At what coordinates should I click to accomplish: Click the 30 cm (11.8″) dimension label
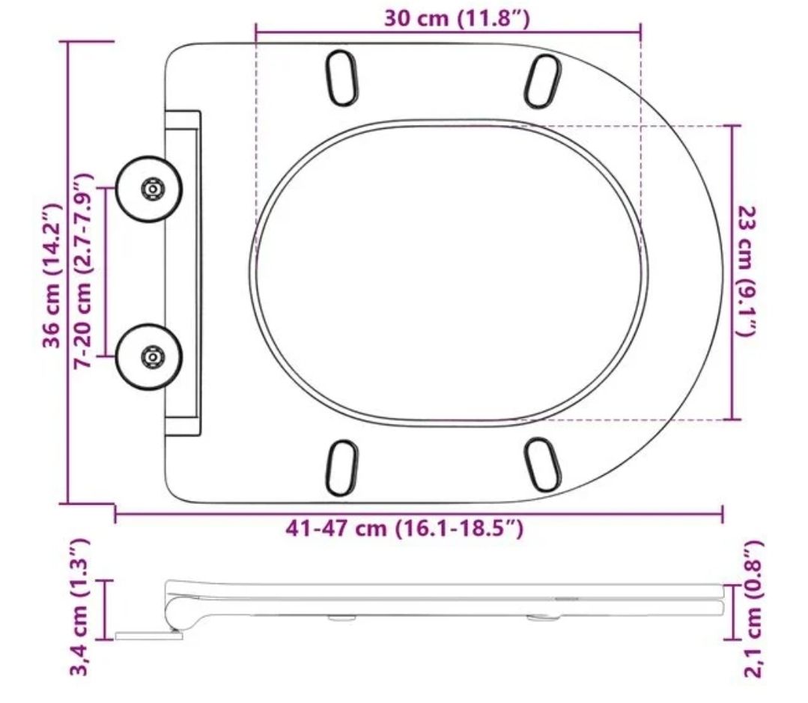(457, 19)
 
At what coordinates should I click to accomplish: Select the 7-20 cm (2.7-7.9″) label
(82, 270)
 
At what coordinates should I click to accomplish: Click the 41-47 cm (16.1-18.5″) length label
(404, 528)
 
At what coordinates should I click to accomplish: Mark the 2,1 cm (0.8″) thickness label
(753, 609)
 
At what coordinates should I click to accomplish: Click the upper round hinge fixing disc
(149, 189)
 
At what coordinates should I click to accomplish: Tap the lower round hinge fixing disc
(149, 356)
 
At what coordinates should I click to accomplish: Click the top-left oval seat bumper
(341, 78)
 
